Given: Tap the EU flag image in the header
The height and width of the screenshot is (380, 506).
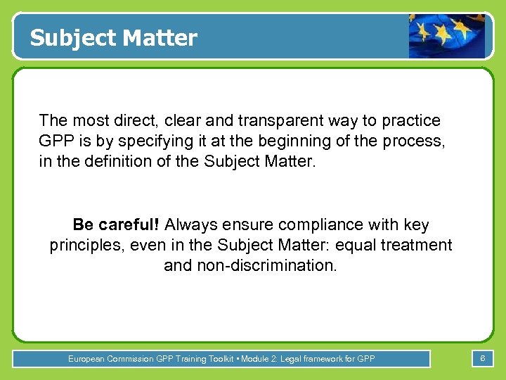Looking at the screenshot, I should [447, 35].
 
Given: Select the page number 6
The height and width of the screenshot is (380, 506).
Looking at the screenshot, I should [483, 359].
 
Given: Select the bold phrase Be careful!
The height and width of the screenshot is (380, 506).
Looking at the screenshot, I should [117, 225].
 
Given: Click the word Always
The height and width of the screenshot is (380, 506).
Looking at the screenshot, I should [193, 225].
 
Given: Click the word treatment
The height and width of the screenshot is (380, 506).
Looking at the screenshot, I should [419, 246].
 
